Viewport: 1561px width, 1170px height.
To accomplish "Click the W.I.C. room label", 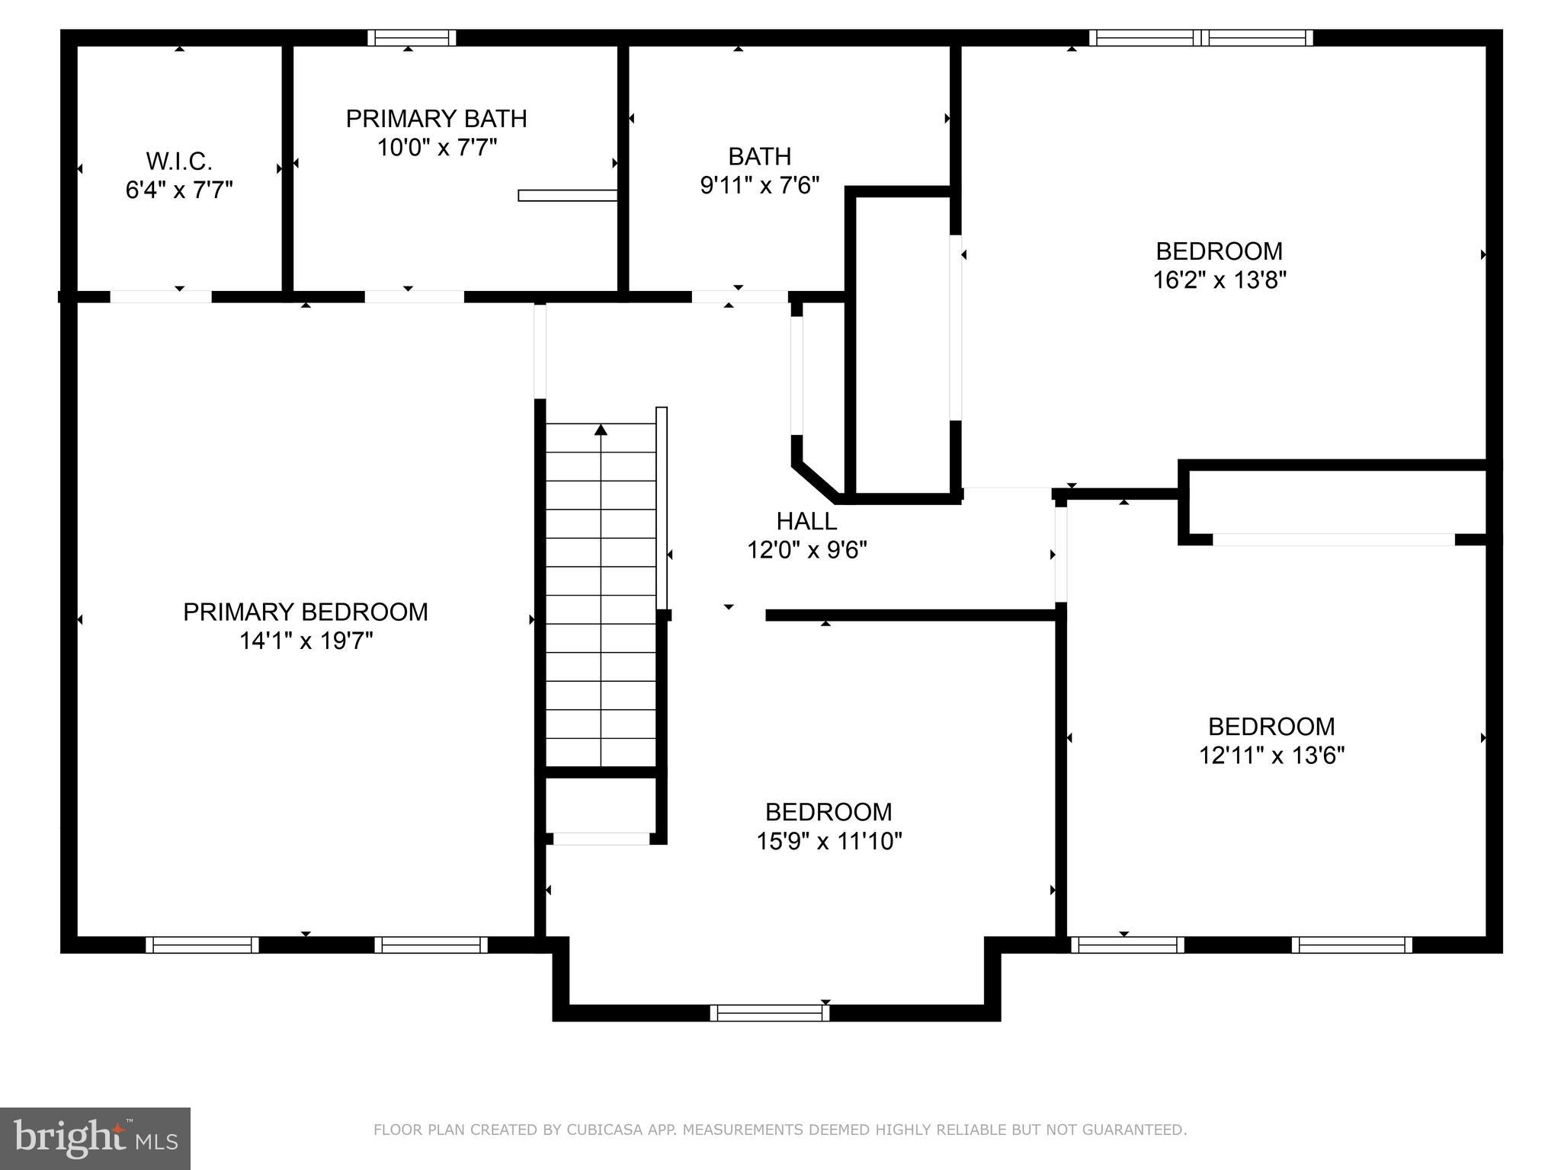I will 179,161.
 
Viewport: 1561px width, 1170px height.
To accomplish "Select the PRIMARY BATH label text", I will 436,119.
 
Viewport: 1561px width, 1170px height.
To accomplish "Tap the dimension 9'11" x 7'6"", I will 759,185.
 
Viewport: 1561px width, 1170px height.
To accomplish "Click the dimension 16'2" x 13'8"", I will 1219,280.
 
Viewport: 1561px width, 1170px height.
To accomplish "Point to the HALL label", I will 806,521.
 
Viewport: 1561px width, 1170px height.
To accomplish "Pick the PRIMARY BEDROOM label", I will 305,612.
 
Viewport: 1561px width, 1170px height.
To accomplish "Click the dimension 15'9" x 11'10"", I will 829,841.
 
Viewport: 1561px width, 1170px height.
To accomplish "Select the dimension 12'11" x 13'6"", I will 1271,755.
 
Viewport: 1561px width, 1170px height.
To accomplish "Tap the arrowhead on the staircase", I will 601,430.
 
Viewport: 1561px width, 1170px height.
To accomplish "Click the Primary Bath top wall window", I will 412,38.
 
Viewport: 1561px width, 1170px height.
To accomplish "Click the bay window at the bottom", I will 770,1012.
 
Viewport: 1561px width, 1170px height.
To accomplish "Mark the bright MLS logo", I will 95,1138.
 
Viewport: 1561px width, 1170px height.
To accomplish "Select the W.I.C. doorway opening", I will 161,297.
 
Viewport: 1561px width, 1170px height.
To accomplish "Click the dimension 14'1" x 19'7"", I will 305,641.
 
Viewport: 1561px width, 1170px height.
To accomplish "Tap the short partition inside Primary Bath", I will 567,195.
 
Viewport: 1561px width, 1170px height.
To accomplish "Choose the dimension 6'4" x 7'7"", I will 179,190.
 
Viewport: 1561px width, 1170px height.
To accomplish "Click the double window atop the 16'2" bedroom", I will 1201,38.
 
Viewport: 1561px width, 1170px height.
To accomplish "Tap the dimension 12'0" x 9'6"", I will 806,550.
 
